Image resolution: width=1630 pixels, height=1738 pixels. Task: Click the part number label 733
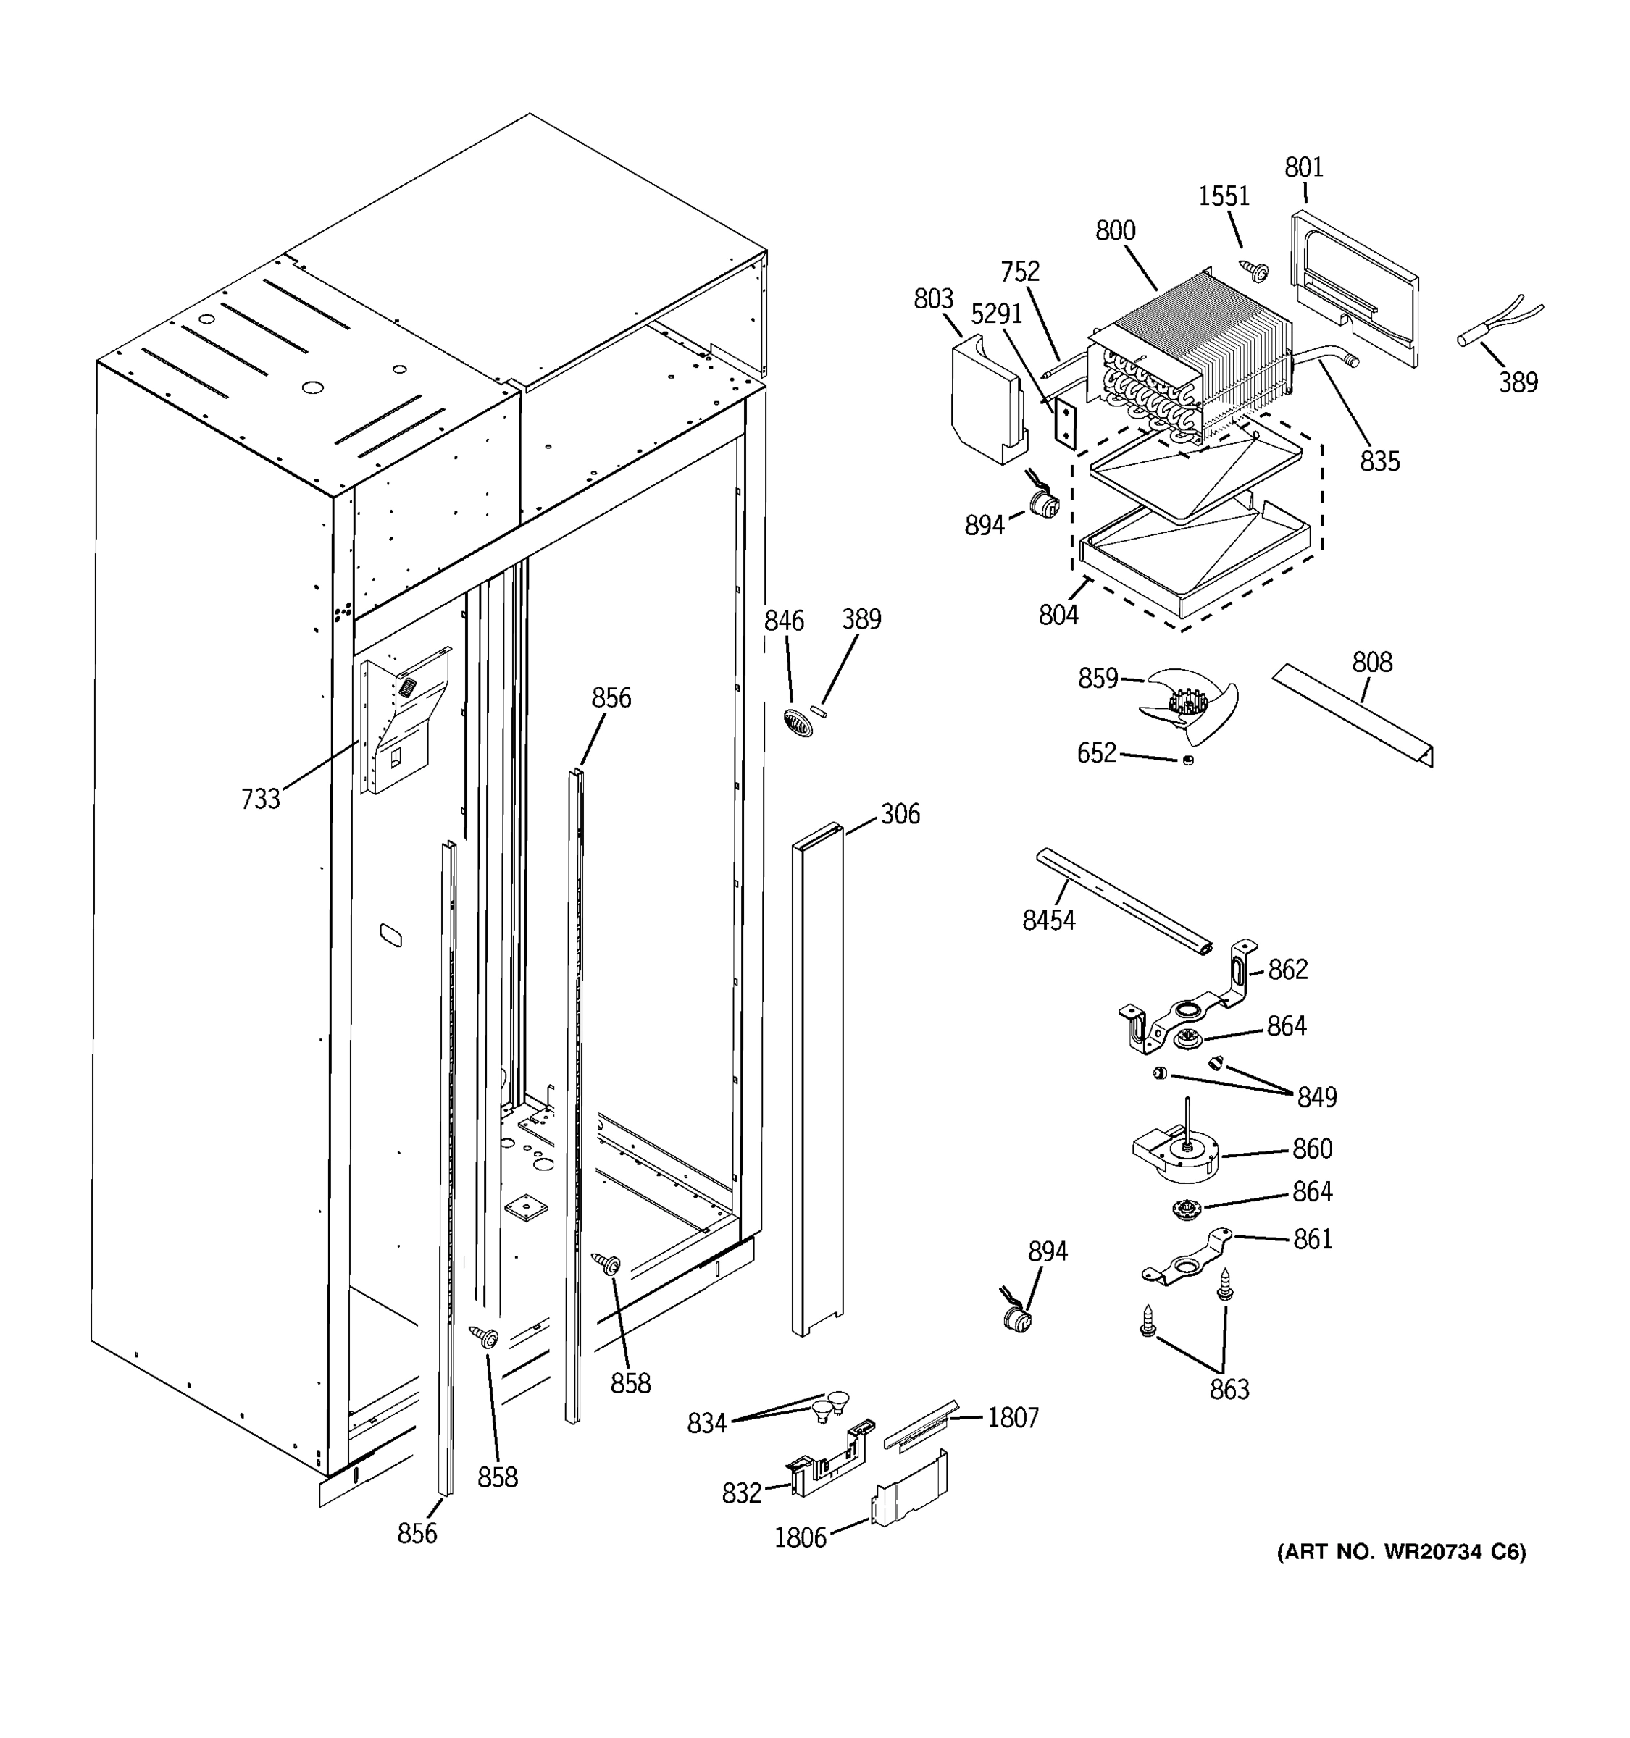point(260,798)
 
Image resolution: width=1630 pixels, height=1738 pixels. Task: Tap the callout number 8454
point(1048,920)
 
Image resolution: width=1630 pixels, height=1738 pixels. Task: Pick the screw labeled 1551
point(1257,271)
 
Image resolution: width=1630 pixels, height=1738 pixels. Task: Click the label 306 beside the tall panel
point(899,814)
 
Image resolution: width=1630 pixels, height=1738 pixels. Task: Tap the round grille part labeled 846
point(798,723)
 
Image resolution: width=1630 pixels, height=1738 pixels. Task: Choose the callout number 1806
point(799,1538)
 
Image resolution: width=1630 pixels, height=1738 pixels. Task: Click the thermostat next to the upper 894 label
point(1042,502)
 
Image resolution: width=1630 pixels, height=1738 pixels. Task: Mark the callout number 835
point(1379,461)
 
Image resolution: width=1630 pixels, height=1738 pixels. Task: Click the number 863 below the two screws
point(1229,1388)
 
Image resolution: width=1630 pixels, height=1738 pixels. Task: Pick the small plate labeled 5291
point(1064,422)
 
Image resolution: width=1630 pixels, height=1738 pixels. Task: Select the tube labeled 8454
point(1124,900)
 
